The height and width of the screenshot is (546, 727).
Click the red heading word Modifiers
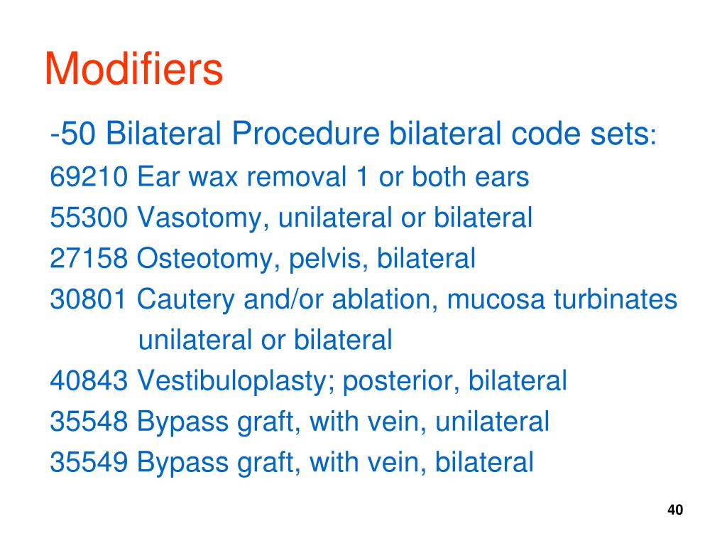(x=133, y=69)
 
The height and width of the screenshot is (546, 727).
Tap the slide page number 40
(x=675, y=510)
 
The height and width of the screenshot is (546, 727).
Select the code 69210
(x=89, y=177)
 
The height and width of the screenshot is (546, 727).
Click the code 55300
(x=89, y=218)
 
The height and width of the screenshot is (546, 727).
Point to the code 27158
(x=89, y=259)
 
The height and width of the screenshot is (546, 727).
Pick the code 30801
(x=89, y=300)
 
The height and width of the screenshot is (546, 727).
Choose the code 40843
(x=89, y=381)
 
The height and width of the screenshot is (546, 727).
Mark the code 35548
(x=89, y=422)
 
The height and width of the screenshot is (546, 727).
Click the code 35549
(x=89, y=463)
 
